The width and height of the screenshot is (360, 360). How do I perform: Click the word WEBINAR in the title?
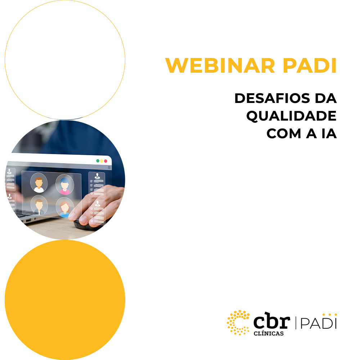pos(220,66)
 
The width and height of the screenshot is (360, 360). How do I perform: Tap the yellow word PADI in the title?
pos(310,66)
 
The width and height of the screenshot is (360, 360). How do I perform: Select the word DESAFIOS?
pos(272,98)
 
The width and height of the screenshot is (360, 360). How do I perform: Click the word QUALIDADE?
pos(291,116)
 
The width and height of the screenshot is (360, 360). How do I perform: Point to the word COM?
pos(284,134)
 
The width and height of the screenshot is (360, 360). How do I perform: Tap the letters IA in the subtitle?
pos(329,134)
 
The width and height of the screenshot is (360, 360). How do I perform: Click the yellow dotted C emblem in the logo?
pos(238,322)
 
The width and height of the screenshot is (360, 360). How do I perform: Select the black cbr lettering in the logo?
pos(272,320)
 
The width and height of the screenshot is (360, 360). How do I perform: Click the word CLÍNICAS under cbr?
pos(269,334)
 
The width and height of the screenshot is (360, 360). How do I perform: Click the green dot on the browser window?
pos(98,161)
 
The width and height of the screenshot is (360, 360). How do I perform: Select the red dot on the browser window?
pos(105,161)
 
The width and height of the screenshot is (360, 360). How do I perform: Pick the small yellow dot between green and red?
pos(102,161)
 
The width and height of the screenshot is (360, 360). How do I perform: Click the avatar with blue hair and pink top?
pos(65,184)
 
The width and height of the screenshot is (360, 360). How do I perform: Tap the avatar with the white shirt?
pos(39,183)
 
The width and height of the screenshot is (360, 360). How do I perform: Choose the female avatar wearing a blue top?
pos(65,208)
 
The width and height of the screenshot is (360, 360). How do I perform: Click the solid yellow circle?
pos(65,300)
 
